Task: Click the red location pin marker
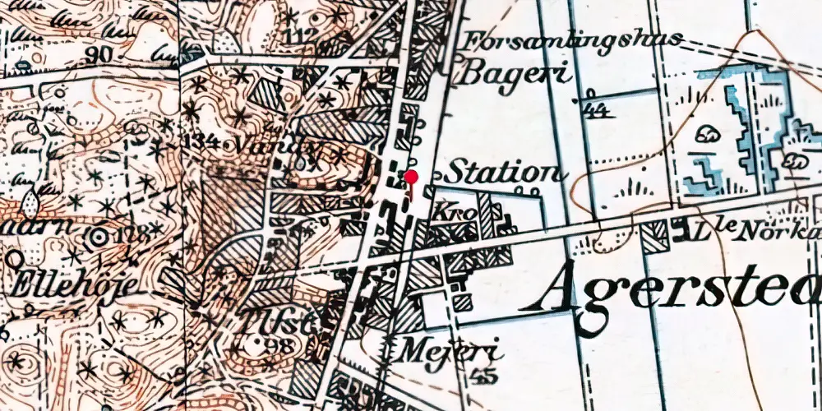pos(411,178)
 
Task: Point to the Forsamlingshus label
pos(573,40)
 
